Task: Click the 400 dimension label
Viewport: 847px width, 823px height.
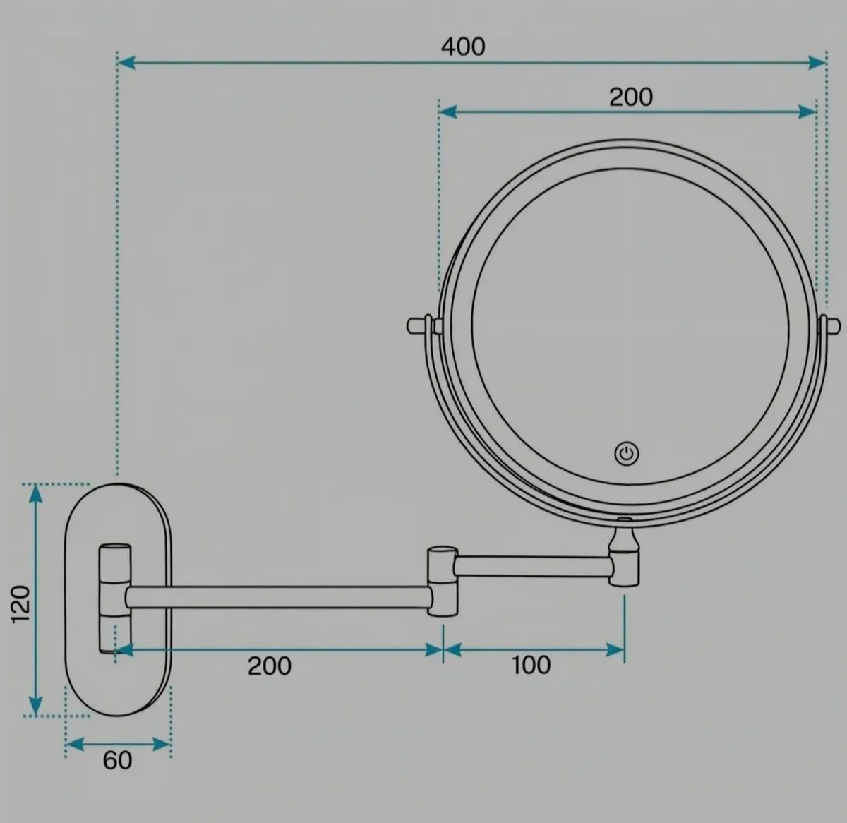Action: pyautogui.click(x=463, y=47)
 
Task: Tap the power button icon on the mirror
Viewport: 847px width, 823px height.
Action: pyautogui.click(x=626, y=454)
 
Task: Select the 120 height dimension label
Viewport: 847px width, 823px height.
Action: pyautogui.click(x=20, y=605)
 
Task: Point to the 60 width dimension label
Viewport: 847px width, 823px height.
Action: pyautogui.click(x=117, y=760)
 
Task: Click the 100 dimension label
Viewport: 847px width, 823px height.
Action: pyautogui.click(x=531, y=665)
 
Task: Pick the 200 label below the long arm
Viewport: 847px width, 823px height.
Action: pyautogui.click(x=270, y=666)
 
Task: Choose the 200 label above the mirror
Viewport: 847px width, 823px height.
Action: pyautogui.click(x=631, y=97)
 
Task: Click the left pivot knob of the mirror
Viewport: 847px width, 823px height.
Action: pyautogui.click(x=419, y=325)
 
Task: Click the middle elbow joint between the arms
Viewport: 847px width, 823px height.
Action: pyautogui.click(x=443, y=582)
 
